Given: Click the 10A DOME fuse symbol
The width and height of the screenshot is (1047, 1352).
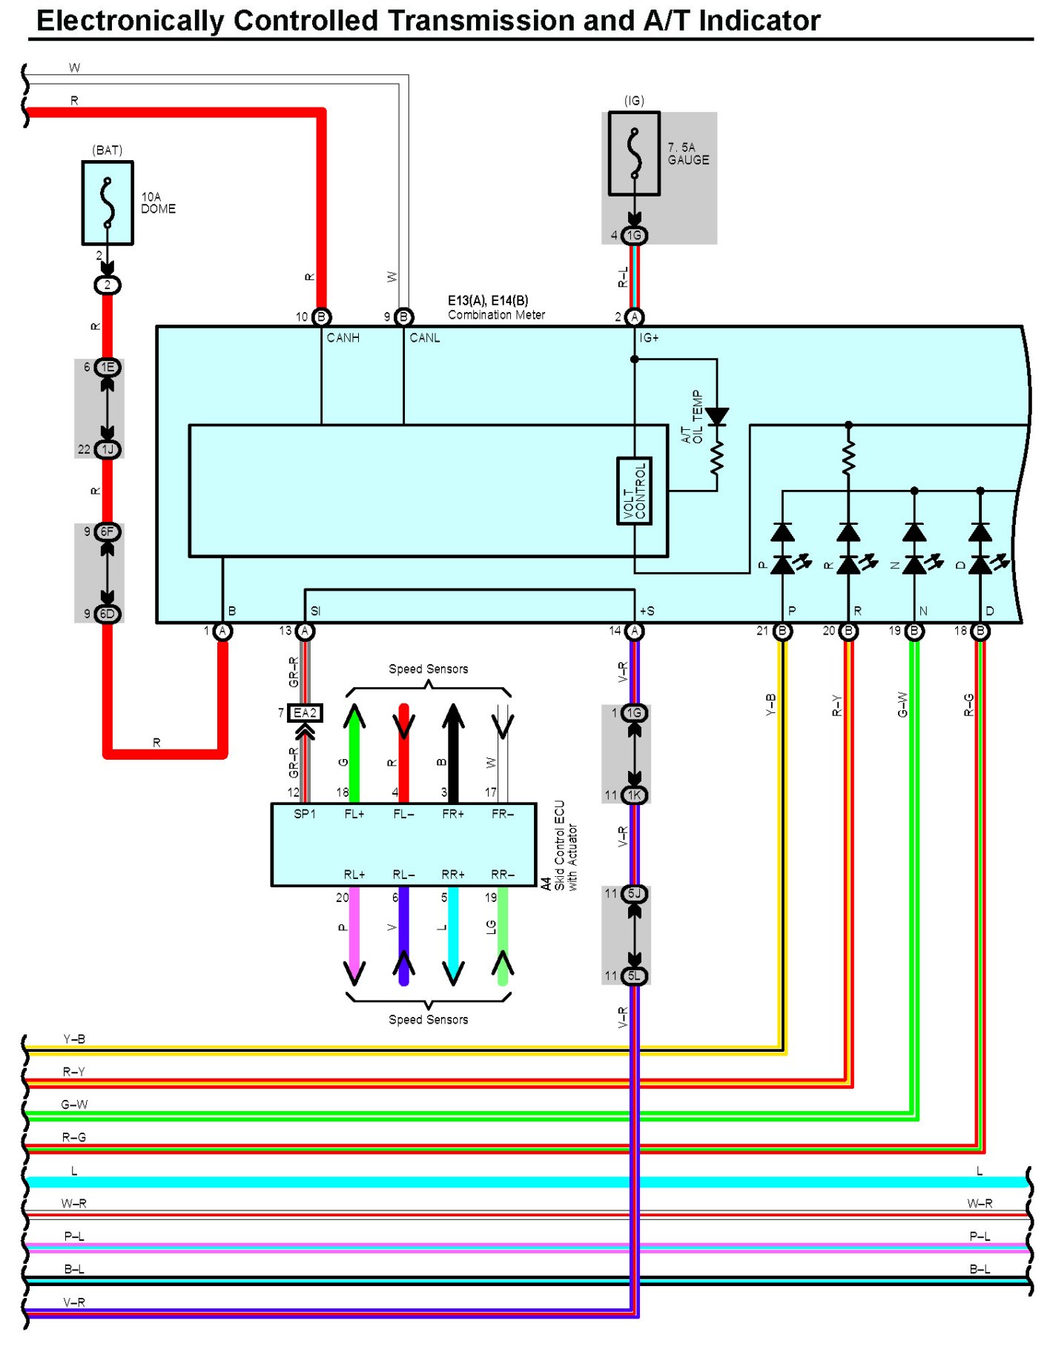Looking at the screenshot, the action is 108,202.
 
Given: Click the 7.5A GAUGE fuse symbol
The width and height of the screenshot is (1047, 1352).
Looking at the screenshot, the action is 634,153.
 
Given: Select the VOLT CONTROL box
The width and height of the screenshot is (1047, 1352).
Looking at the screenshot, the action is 634,491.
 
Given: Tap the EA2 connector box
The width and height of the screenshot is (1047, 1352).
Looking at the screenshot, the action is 305,713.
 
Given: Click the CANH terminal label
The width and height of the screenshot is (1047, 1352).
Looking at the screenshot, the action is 343,338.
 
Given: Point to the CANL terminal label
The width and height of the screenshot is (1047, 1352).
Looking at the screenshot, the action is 425,338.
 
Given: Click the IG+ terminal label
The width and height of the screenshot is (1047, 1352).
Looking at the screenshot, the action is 649,338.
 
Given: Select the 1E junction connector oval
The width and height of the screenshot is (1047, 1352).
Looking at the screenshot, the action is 108,368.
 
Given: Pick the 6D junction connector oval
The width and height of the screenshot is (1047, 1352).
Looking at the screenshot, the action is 108,614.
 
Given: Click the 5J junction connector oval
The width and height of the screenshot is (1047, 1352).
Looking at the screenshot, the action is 634,894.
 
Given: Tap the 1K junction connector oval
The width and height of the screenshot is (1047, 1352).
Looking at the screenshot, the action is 634,795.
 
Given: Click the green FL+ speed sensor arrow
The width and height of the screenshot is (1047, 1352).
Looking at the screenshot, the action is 354,753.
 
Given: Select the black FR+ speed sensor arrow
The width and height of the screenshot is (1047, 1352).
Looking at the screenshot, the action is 453,753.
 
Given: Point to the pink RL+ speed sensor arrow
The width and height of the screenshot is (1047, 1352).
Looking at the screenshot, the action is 354,936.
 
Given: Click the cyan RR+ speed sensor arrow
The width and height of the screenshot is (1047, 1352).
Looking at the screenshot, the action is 453,936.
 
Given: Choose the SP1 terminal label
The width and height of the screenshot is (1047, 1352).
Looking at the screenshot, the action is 305,814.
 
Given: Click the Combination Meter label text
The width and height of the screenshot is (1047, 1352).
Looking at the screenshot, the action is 496,315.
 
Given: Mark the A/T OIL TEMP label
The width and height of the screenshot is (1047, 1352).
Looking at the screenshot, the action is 692,417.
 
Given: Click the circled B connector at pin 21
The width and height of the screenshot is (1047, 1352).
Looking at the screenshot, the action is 782,631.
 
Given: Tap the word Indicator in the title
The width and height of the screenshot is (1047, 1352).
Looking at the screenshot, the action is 759,21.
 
